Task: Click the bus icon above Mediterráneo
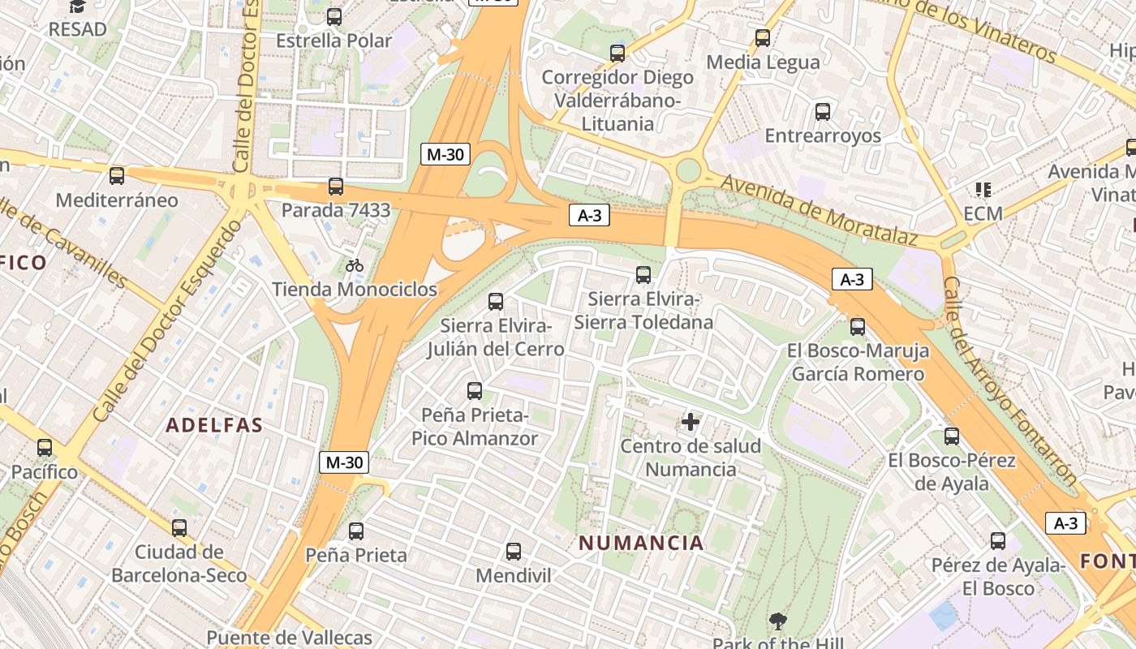point(117,176)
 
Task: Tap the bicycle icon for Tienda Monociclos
point(355,265)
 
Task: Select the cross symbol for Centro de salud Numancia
point(691,422)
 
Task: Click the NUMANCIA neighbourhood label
point(641,543)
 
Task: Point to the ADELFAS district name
point(215,425)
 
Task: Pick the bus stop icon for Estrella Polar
point(334,17)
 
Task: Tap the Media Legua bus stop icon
point(763,38)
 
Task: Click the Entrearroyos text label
point(823,135)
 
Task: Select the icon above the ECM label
point(983,190)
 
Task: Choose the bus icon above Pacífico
point(45,448)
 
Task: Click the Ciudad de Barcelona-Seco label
point(179,564)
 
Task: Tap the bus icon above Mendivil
point(514,552)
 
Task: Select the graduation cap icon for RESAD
point(77,6)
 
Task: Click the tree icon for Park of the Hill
point(778,622)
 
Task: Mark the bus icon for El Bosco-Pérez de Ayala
point(952,436)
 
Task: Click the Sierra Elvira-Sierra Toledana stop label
point(643,311)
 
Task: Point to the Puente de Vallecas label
point(289,638)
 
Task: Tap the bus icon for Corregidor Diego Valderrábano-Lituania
point(617,54)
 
